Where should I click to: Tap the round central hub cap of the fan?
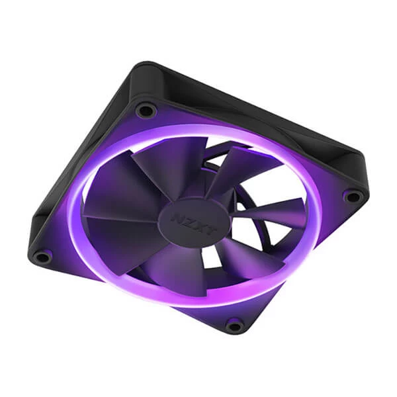(x=193, y=222)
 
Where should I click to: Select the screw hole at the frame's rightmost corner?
(x=353, y=196)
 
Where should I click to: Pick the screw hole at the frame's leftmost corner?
(x=42, y=256)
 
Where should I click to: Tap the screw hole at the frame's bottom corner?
(x=234, y=324)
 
